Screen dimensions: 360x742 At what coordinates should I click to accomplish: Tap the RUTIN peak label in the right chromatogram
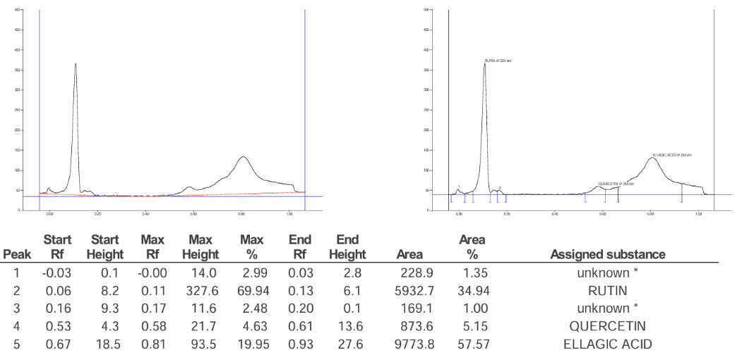pos(498,61)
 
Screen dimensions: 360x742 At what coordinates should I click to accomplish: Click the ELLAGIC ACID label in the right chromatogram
pos(671,155)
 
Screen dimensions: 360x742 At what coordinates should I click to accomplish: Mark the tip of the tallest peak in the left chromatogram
pos(75,64)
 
